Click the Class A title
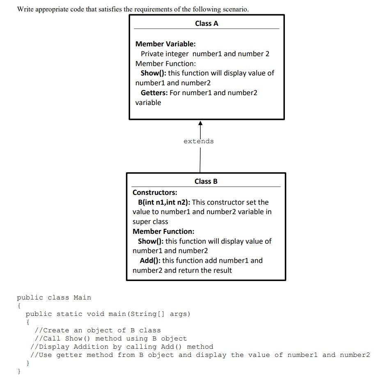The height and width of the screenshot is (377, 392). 206,23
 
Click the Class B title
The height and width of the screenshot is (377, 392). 206,181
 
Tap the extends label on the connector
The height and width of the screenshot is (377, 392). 198,141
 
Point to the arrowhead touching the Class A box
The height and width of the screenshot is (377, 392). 200,123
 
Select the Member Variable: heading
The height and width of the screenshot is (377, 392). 165,44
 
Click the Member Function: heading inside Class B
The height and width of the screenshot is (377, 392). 163,231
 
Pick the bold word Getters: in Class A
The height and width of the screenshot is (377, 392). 154,93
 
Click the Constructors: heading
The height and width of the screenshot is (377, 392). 155,192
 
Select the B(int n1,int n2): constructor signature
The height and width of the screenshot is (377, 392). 164,202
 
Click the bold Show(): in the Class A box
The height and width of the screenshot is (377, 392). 153,73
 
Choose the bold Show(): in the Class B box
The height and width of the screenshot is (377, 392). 151,241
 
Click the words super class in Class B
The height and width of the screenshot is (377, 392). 150,222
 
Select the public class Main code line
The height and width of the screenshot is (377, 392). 54,297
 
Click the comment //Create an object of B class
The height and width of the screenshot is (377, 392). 98,330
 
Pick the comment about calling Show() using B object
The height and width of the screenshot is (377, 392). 110,338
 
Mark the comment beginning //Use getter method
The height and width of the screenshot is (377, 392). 200,355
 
